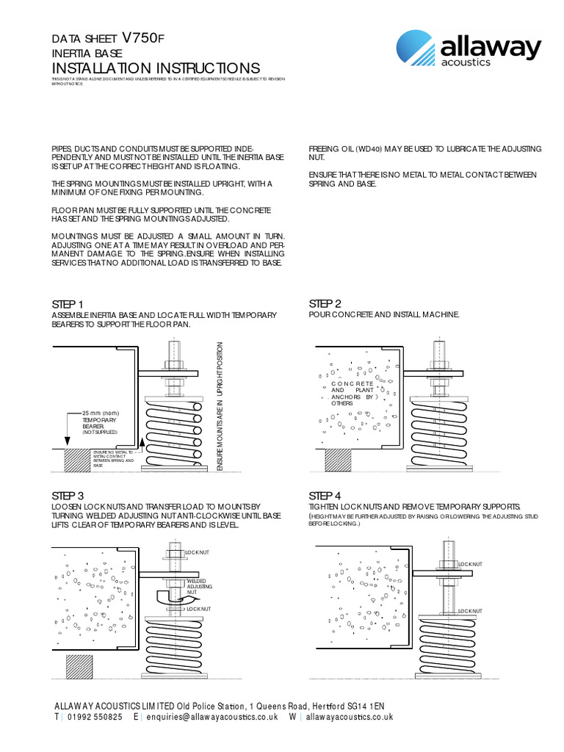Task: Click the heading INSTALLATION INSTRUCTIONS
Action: [x=156, y=68]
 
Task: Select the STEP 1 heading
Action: [x=68, y=304]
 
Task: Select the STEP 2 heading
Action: [x=325, y=304]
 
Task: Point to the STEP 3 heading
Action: [x=68, y=495]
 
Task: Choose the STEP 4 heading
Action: [x=325, y=495]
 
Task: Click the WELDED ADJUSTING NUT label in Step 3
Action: [x=199, y=585]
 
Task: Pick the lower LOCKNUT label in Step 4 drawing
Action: [x=470, y=611]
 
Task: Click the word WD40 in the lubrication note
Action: [x=368, y=149]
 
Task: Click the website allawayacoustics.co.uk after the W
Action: [x=350, y=717]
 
